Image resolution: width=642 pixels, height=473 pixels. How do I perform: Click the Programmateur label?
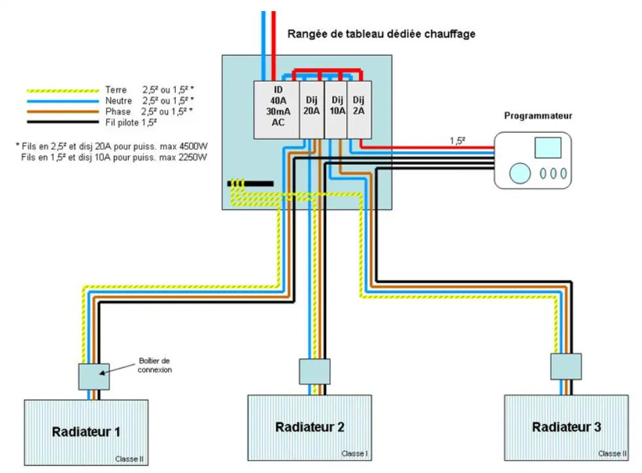(x=538, y=116)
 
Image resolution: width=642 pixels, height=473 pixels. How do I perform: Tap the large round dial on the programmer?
(x=520, y=173)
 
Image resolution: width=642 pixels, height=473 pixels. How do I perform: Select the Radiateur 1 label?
(x=86, y=432)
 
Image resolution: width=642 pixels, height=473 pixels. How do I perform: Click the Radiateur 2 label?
(x=310, y=427)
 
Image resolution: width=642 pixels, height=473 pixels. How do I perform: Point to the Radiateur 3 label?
(x=566, y=427)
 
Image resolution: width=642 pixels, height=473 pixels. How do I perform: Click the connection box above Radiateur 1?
(x=93, y=377)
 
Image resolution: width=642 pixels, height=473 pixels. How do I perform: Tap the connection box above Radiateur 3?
(x=566, y=366)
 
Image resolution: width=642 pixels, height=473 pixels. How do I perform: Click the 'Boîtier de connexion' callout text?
(x=154, y=365)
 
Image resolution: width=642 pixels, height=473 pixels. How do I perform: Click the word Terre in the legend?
(x=116, y=90)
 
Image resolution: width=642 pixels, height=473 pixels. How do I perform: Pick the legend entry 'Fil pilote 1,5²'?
(x=131, y=122)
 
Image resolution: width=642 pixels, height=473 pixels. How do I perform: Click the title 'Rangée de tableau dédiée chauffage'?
(x=381, y=34)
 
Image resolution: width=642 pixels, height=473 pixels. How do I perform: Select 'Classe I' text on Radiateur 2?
(x=354, y=453)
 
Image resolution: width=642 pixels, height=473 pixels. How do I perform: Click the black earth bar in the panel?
(x=250, y=184)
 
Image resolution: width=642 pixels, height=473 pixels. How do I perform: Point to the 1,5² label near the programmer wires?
(x=457, y=141)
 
